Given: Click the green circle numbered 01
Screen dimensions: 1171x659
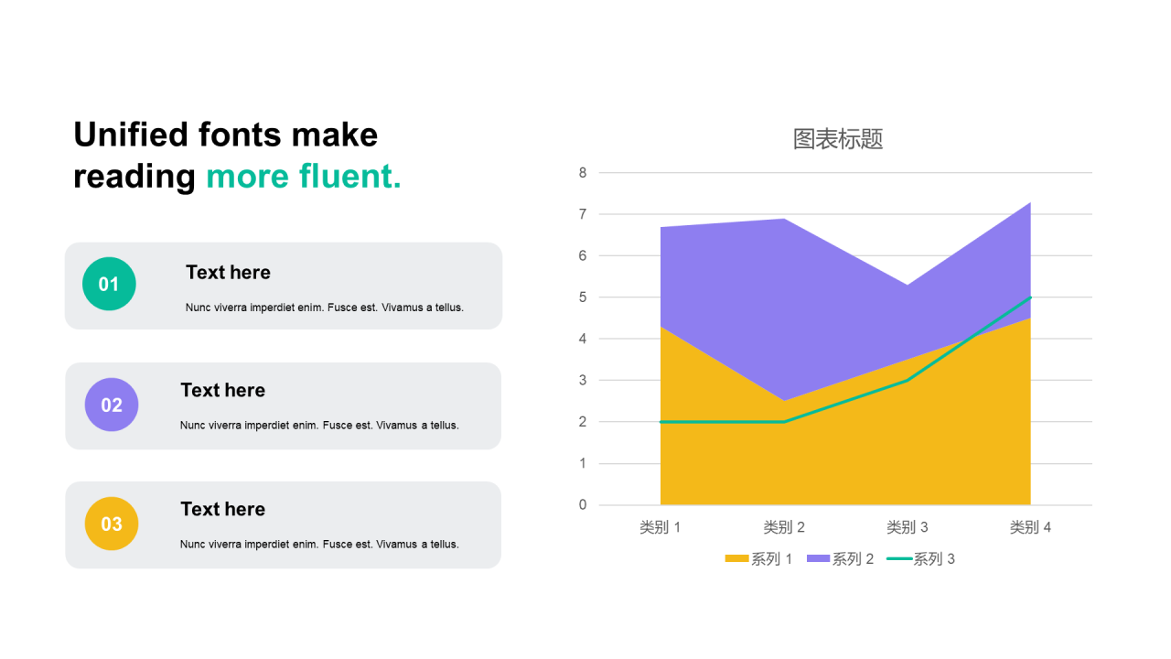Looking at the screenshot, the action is coord(109,284).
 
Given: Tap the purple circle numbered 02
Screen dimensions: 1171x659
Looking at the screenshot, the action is coord(112,405).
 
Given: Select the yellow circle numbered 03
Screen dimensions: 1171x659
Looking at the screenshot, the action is coord(112,524).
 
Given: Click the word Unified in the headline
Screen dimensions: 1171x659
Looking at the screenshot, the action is coord(131,135).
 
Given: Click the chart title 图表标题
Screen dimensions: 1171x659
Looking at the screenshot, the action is coord(837,139).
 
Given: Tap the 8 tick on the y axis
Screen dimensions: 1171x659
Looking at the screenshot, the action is coord(583,173).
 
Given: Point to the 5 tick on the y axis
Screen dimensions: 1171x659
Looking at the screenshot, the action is coord(583,297).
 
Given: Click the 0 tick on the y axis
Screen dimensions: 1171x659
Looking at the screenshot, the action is coord(583,504).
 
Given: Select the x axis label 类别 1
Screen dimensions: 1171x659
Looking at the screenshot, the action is coord(660,527).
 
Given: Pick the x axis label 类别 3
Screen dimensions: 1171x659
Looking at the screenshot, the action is coord(907,527).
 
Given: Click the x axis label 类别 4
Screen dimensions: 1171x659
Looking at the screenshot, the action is coord(1030,527).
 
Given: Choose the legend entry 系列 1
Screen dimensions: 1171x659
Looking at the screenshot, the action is coord(758,559).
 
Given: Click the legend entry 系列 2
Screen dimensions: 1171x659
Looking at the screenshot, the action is coord(840,559).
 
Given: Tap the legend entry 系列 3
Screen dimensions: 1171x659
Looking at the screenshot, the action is coord(920,559).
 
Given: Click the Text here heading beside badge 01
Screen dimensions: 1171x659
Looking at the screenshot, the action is coord(228,273).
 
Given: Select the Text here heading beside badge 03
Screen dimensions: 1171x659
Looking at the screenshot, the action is coord(222,510).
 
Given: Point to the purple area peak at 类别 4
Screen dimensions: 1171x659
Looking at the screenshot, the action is coord(1030,203).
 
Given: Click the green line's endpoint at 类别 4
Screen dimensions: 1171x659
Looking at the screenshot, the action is coord(1030,297).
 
